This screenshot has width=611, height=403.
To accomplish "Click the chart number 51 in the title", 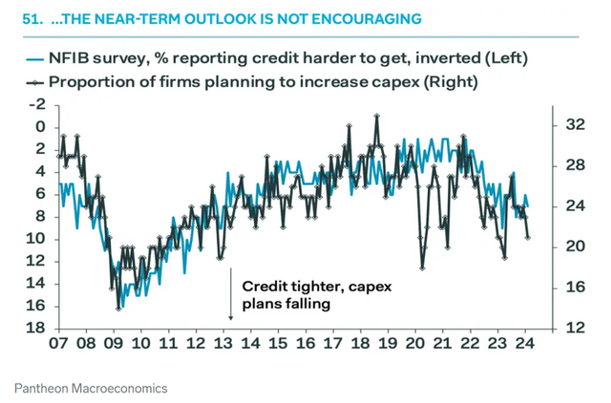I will pos(22,17).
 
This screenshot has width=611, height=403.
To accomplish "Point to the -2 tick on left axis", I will pos(38,104).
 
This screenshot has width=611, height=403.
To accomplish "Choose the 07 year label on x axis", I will pos(58,346).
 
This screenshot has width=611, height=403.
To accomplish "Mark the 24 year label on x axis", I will pos(525,346).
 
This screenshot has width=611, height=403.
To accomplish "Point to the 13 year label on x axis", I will pos(223,346).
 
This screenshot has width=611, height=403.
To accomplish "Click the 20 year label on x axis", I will pos(415,346).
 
